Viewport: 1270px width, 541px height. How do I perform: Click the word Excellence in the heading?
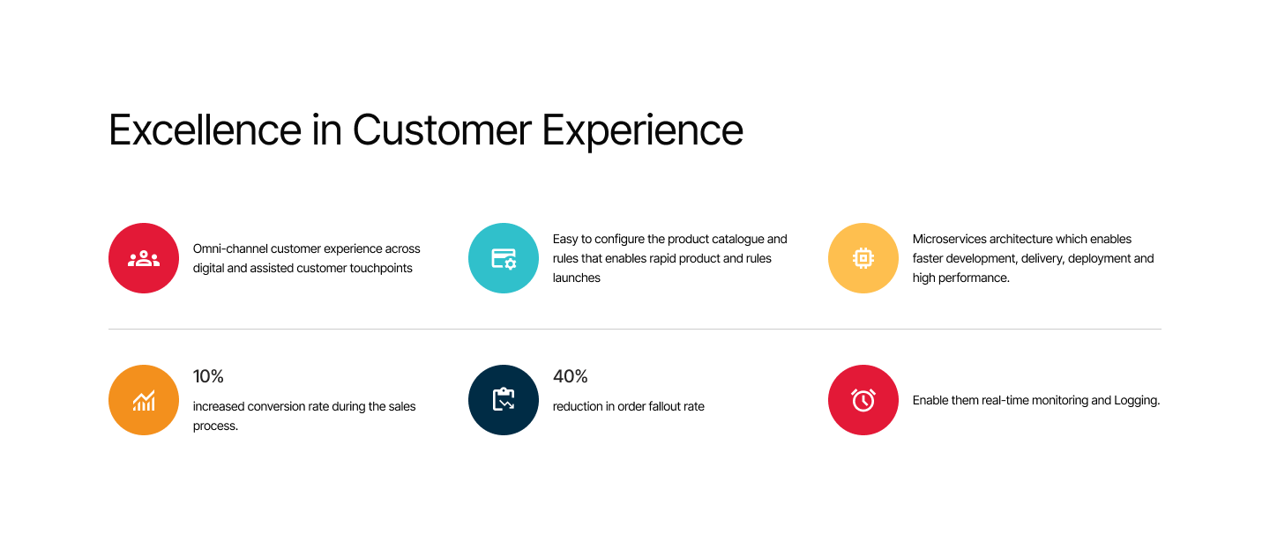[205, 130]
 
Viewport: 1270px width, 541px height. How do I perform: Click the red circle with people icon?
[144, 258]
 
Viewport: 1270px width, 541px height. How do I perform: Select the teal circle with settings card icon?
[504, 258]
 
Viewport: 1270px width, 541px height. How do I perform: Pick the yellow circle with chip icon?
[863, 258]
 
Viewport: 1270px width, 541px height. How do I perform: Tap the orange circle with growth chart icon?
[144, 400]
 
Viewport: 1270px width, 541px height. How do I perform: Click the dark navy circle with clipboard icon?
[504, 400]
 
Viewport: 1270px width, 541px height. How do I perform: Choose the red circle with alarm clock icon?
[863, 400]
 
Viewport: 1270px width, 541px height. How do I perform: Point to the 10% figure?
[208, 377]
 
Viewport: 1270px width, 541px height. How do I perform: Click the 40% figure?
[571, 377]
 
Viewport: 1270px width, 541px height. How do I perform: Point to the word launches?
[577, 278]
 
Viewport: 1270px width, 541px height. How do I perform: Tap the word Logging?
[1137, 401]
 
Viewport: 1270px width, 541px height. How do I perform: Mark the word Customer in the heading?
[442, 130]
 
